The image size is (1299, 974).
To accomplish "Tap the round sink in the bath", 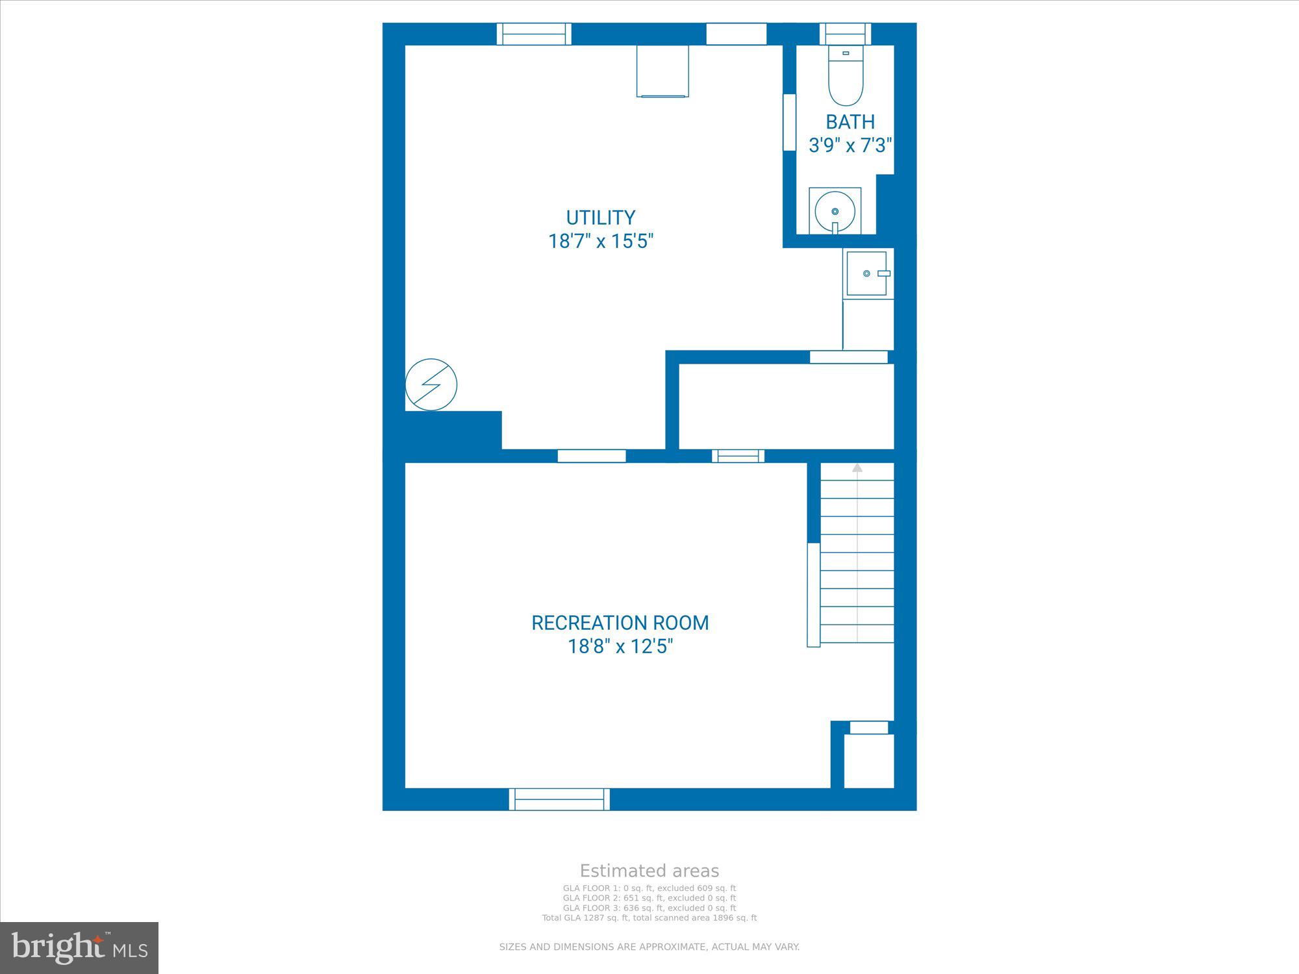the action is (x=835, y=212).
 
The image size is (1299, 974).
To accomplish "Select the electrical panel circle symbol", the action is (x=431, y=384).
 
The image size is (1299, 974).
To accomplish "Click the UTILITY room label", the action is (x=601, y=217).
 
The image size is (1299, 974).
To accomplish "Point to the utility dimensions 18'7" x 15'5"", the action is (x=601, y=241).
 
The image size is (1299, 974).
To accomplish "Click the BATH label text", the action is (x=850, y=121).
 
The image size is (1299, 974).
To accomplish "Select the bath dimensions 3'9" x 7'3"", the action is (x=850, y=145).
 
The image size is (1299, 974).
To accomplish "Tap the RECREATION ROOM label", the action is (x=620, y=623).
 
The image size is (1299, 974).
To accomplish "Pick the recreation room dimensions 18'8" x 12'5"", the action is (x=620, y=647).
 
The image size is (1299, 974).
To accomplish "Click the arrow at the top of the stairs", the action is (x=857, y=468).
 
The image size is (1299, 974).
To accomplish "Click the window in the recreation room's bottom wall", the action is (x=559, y=799).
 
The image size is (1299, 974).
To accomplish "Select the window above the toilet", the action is (x=845, y=34).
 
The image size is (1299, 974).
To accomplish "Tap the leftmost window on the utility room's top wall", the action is (x=534, y=34).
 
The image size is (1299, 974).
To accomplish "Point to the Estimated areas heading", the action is (x=649, y=871).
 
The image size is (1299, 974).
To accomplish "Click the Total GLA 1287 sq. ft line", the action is (x=649, y=918).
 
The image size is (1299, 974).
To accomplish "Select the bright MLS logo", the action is (x=79, y=948).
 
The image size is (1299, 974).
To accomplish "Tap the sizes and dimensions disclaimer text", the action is (x=649, y=947).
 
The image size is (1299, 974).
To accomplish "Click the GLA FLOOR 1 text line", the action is (x=649, y=888).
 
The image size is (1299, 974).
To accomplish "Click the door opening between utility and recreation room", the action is (x=592, y=456).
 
